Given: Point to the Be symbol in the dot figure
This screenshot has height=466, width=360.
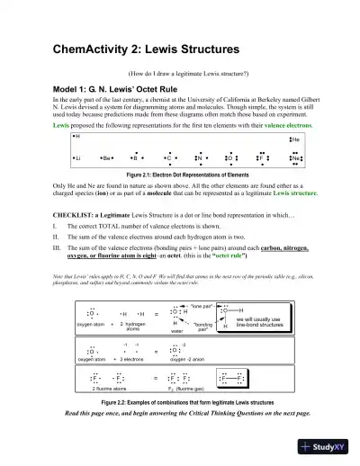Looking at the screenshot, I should point(107,157).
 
